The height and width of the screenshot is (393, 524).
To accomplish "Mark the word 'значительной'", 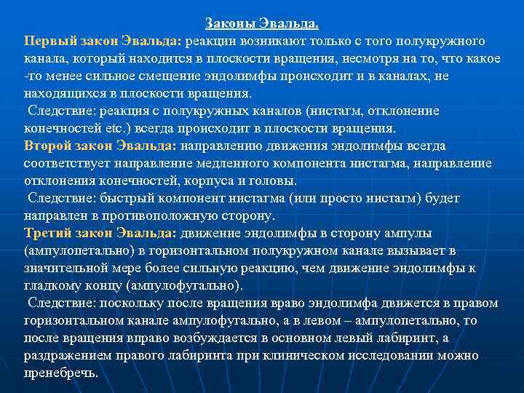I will point(63,268).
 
